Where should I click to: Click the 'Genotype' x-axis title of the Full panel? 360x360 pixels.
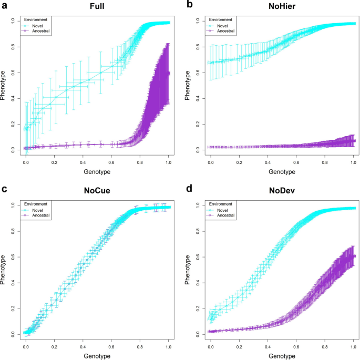[x=97, y=172]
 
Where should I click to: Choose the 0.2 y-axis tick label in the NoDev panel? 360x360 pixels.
[x=198, y=308]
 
